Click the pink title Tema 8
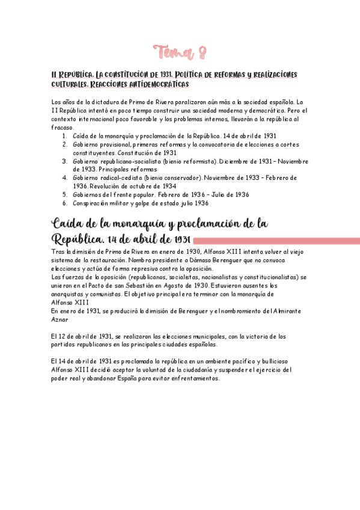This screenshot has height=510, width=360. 180,52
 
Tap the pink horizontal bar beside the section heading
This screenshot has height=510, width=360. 276,241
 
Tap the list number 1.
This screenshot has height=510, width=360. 64,136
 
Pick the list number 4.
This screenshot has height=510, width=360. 64,178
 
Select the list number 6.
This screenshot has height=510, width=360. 64,203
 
